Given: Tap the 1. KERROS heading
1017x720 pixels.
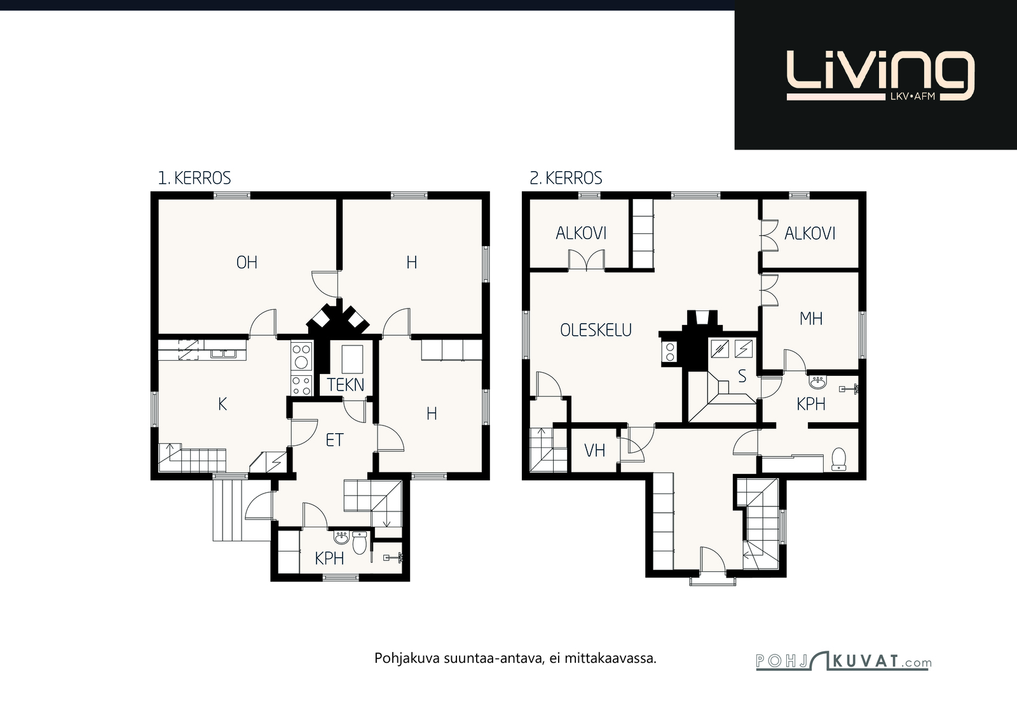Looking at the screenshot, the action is coord(195,178).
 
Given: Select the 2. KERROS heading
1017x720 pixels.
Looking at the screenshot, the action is coord(566,178).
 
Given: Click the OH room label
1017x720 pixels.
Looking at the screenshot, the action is coord(247,262).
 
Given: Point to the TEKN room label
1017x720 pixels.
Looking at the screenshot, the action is coord(346,385).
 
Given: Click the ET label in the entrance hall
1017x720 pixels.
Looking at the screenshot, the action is coord(334,440).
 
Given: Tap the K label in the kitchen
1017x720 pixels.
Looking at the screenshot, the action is coord(222,404).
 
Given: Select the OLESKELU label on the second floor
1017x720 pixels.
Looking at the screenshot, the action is coord(596,330).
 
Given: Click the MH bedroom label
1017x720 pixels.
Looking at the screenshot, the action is coord(811,319).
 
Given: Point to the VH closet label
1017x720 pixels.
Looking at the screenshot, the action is coord(594,450).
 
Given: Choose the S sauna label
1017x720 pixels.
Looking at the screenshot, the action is coord(742,376).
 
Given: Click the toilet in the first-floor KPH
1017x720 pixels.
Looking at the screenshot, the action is coord(359,543).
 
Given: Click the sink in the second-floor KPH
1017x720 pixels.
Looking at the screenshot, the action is coord(817,382).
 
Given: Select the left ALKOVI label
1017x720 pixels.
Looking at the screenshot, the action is coord(581,233).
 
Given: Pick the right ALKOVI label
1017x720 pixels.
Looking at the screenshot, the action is coord(810,233).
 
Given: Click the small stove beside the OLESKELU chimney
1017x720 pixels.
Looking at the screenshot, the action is coord(669,352).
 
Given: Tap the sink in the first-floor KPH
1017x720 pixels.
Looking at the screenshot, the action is coord(341,538).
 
